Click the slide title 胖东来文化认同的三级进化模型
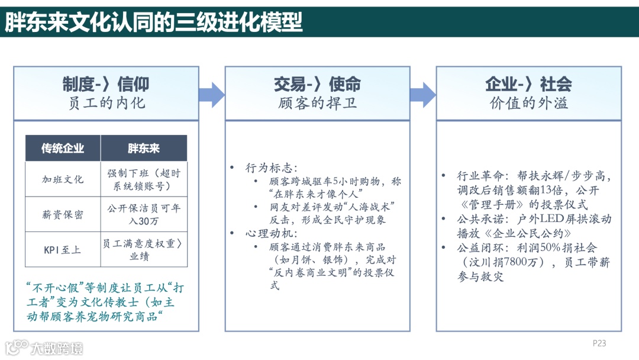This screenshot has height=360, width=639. pos(154,22)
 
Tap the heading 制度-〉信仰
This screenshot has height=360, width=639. pos(106,84)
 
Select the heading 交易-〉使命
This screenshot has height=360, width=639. pos(317,84)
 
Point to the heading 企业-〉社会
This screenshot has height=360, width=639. pos(528,84)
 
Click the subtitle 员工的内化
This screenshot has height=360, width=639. pos(106,103)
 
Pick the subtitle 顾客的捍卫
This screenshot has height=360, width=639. pos(317,103)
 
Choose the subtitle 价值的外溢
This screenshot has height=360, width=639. pos(528,103)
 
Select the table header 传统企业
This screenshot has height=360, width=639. pos(63,148)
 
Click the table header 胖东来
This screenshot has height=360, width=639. pos(144,148)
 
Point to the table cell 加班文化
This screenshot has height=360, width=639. pos(63,179)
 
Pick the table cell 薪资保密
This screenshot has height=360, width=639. pos(63,214)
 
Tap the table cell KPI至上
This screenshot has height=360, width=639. pos(63,249)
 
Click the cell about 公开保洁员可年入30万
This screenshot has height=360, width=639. pos(144,214)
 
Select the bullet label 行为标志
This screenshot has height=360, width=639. pos(272,168)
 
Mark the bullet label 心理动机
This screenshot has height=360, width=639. pos(272,233)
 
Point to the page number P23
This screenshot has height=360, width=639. pos(599,343)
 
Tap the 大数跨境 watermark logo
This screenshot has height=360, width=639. pos(44,348)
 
